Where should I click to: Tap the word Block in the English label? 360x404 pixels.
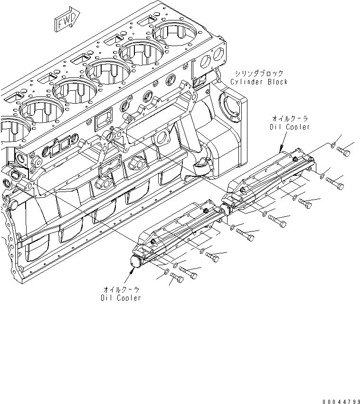(277, 82)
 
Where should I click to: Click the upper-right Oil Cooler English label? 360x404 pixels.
(290, 127)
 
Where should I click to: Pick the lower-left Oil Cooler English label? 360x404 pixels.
(121, 298)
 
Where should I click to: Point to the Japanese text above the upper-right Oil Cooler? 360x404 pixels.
(290, 118)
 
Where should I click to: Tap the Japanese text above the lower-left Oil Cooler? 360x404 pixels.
(122, 289)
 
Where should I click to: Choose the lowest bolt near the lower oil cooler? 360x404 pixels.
(176, 279)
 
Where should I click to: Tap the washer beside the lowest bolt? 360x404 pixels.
(166, 273)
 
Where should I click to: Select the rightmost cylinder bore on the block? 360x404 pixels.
(174, 34)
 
